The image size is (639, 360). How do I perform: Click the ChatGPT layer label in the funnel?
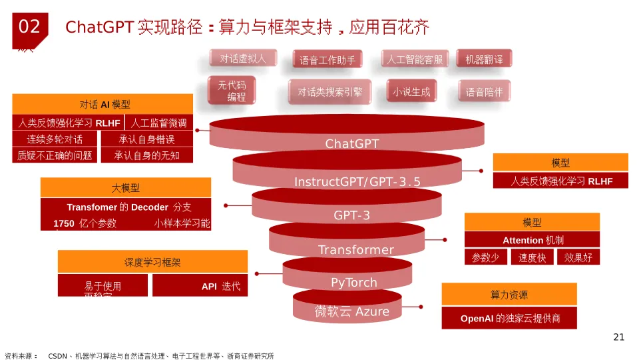click(351, 144)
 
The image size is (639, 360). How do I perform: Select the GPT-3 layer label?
click(351, 215)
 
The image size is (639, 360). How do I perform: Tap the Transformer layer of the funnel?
click(355, 250)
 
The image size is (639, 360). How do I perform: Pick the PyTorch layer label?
click(353, 283)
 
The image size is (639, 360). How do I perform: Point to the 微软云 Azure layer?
click(352, 311)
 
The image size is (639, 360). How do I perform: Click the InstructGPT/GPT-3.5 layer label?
click(357, 182)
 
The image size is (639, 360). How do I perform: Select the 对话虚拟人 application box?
click(243, 59)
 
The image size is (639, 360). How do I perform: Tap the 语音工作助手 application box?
click(327, 60)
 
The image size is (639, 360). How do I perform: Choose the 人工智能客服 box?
click(415, 59)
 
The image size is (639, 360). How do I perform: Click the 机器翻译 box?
click(484, 59)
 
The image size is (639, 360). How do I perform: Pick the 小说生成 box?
click(411, 92)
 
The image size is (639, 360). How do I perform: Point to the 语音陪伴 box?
click(484, 92)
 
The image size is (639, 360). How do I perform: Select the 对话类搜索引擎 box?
click(330, 92)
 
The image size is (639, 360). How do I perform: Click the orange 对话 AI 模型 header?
click(103, 104)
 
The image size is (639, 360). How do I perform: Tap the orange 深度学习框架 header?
click(152, 262)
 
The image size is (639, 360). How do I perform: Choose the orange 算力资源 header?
click(509, 295)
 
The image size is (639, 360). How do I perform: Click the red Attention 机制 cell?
click(532, 240)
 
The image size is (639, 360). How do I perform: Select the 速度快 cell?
click(532, 257)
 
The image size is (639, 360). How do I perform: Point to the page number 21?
click(618, 337)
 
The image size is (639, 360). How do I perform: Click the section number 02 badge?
click(29, 27)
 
